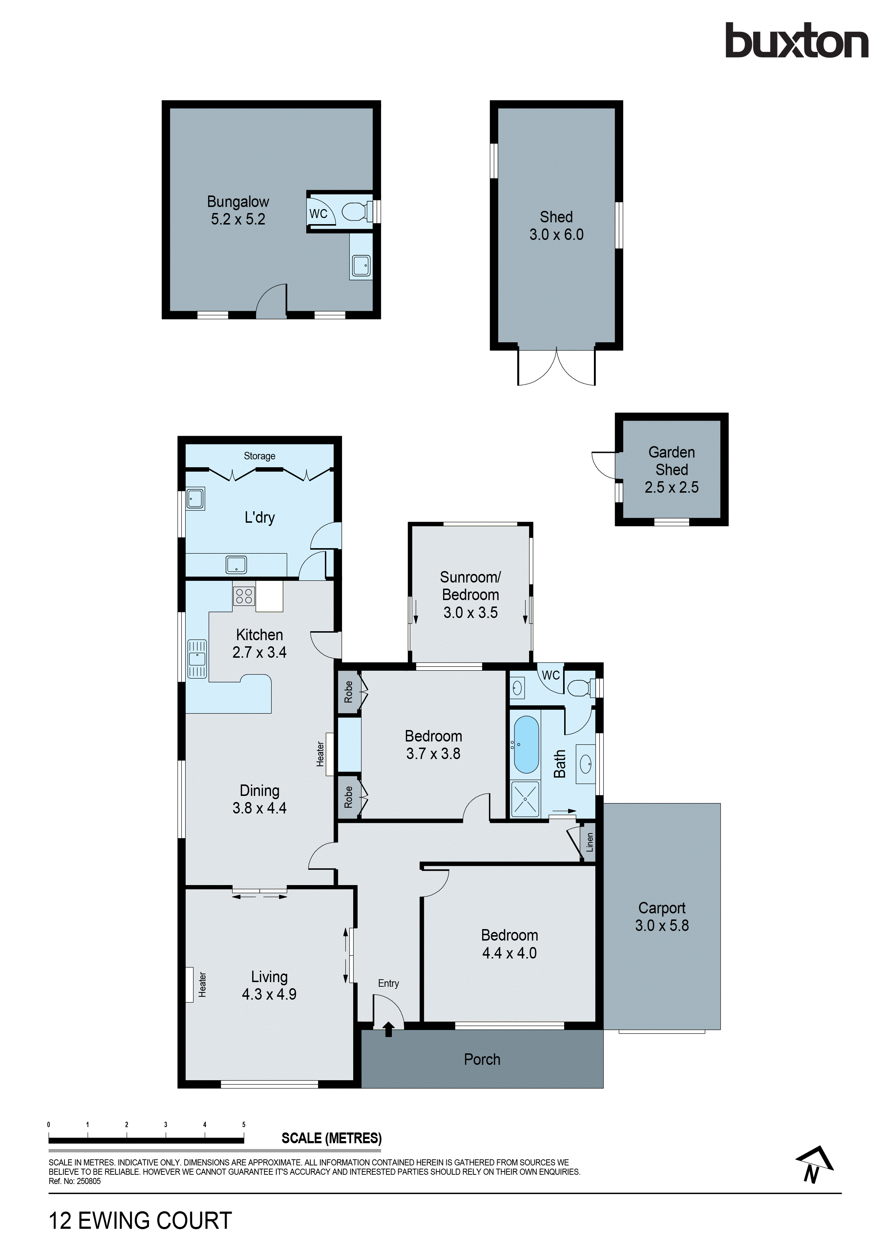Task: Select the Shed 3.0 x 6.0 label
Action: (556, 225)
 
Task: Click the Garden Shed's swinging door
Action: (604, 465)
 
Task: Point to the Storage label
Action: (259, 456)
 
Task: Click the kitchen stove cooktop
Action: (244, 596)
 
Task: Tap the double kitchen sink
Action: (197, 659)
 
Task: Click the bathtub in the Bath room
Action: (526, 744)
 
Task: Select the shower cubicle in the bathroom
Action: (525, 799)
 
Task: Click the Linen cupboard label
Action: (590, 843)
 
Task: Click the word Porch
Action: (482, 1059)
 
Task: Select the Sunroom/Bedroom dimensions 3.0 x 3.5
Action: (471, 612)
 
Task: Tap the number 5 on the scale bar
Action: (244, 1125)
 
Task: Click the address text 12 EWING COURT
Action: (141, 1221)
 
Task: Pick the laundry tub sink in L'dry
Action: (195, 499)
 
